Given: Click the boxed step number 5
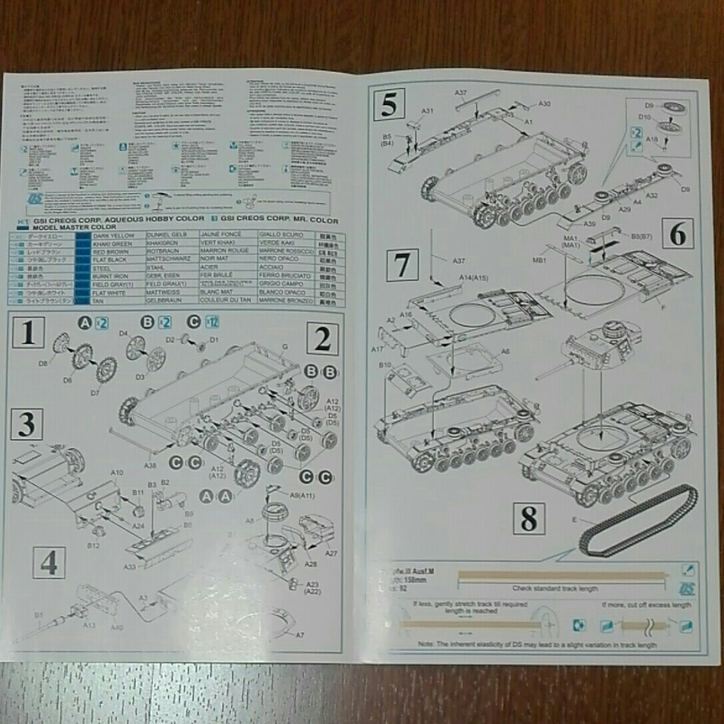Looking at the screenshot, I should [389, 105].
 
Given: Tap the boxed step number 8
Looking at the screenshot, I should [528, 519].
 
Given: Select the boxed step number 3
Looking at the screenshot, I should [27, 425].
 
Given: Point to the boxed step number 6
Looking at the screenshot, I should [677, 234].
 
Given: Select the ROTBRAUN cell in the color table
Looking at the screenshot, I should [156, 252].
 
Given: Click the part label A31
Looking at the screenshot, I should [428, 111].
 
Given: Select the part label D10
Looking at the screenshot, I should [645, 117].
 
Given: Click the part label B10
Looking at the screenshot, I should [385, 365].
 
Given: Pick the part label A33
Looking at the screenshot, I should [130, 566].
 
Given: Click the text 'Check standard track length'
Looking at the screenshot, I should [555, 588].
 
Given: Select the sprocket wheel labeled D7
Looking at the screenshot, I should [105, 369].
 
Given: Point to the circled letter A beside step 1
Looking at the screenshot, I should [85, 323].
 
